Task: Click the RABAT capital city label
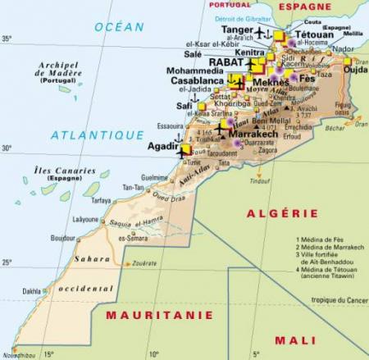tap(225, 62)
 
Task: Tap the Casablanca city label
tap(198, 82)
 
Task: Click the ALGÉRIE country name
tap(271, 213)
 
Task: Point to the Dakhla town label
tap(31, 290)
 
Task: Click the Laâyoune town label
tap(85, 220)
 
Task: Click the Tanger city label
tap(237, 30)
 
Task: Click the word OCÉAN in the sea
tap(119, 27)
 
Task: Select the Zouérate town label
tap(143, 264)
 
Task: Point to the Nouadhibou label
tap(20, 355)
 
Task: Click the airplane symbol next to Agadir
tap(182, 152)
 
